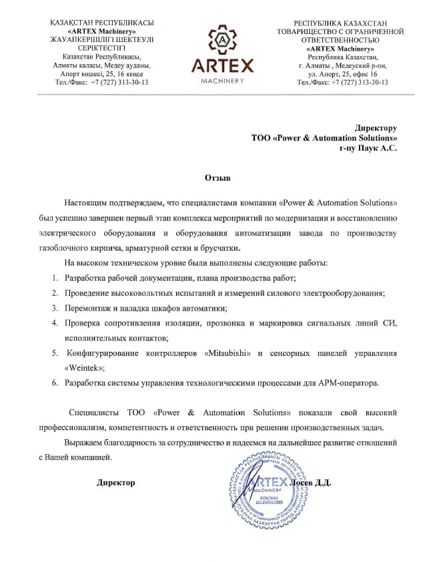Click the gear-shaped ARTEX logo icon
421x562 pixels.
[222, 41]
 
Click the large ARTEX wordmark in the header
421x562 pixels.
[222, 66]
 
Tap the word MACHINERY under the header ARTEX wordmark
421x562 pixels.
[222, 81]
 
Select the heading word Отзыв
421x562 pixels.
[218, 179]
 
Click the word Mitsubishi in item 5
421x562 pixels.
[228, 353]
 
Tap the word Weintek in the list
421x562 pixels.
[85, 367]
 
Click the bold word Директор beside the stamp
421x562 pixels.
[115, 482]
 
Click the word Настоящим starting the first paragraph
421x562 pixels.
[86, 202]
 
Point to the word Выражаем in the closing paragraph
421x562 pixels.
[85, 443]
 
